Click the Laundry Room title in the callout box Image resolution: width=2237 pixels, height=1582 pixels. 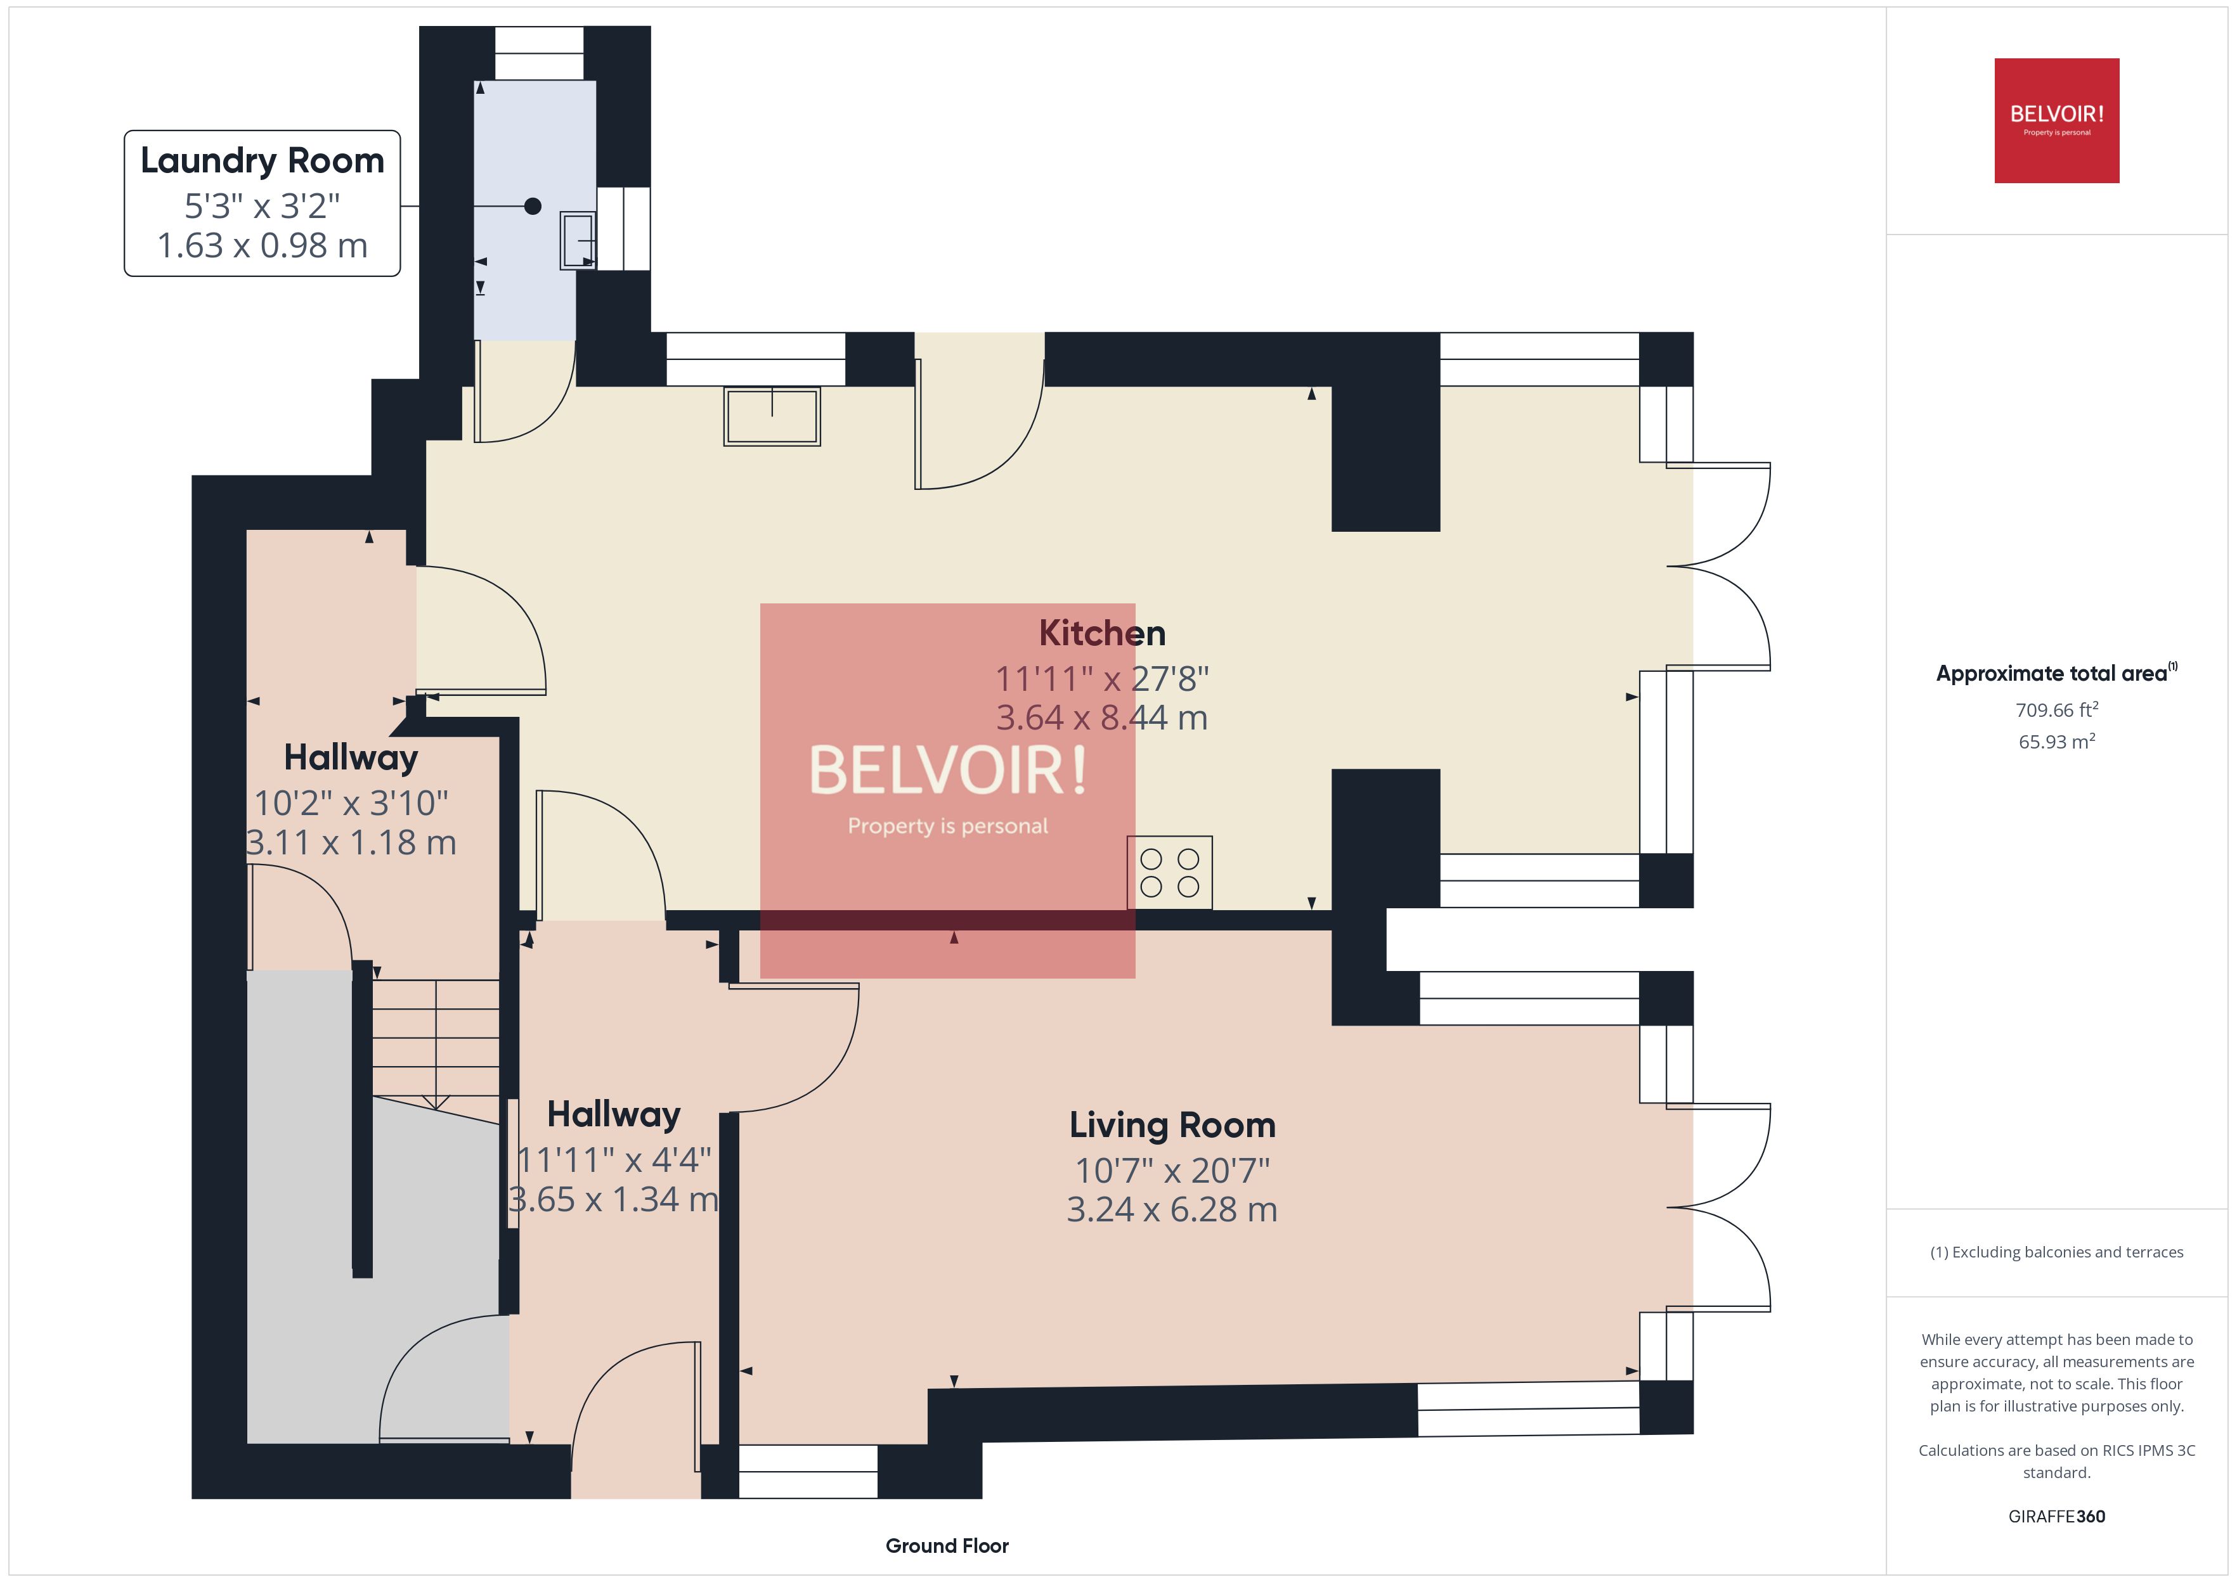click(262, 161)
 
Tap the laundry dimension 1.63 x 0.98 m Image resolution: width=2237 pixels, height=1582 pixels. click(262, 245)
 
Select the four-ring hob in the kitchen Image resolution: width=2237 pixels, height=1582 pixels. click(1169, 873)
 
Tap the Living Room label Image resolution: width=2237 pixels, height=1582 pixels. click(1172, 1125)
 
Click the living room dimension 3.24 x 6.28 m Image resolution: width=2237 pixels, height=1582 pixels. click(1172, 1210)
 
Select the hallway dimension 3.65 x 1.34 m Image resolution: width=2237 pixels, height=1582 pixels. click(614, 1199)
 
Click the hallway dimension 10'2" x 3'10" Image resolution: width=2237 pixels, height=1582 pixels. click(351, 804)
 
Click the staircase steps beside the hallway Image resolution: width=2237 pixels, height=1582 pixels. click(436, 1038)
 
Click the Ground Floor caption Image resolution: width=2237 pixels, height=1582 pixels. click(946, 1546)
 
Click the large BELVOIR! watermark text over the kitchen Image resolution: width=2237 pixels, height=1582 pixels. click(947, 771)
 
